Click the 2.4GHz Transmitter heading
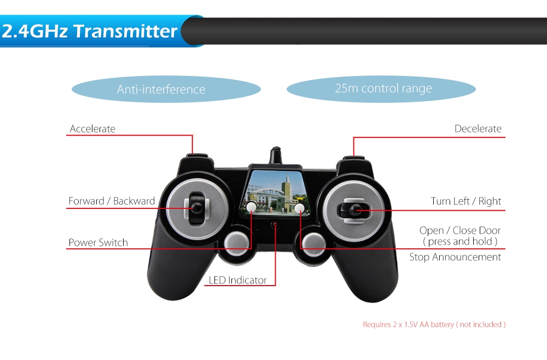coord(89,31)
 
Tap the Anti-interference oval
coord(166,89)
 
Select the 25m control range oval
coord(381,89)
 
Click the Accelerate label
coord(92,129)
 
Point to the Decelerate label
coord(478,129)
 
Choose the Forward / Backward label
coord(112,201)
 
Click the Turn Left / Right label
coord(465,201)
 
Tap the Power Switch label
coord(98,242)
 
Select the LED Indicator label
coord(237,280)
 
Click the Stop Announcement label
coord(455,257)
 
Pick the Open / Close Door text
coord(460,230)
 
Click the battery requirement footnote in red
coord(434,324)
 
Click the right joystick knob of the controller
coord(356,210)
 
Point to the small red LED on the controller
coord(275,224)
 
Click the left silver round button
coord(236,243)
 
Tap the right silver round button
coord(313,244)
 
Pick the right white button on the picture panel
coord(299,208)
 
